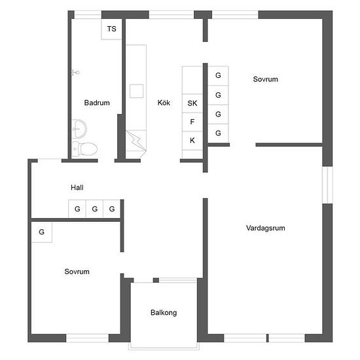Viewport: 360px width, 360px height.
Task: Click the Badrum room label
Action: click(97, 103)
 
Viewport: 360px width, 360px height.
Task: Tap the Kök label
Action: click(164, 103)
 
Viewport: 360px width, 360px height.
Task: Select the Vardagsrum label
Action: click(265, 228)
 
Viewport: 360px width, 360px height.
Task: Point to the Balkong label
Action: click(164, 313)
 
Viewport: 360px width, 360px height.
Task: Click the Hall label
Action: click(77, 188)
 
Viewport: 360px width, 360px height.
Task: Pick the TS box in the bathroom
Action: click(111, 29)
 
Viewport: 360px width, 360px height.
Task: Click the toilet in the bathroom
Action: click(84, 149)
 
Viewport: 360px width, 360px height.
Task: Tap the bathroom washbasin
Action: click(79, 129)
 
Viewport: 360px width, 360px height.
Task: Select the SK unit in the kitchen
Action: click(192, 103)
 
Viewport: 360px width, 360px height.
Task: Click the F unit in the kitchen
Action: click(192, 122)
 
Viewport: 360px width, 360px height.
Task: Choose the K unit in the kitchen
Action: click(192, 141)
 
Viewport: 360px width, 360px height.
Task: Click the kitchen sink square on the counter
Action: click(136, 91)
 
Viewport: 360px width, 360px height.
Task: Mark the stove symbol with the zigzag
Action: click(136, 141)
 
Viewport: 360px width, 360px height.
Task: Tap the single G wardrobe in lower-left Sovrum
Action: click(42, 232)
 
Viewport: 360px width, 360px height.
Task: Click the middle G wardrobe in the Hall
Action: click(94, 208)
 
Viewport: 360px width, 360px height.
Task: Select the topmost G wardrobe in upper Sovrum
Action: click(218, 76)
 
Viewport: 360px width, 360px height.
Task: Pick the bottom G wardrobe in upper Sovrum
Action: click(218, 133)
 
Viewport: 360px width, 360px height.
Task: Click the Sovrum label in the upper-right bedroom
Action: click(265, 79)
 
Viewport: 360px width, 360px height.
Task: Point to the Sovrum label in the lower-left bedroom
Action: click(77, 272)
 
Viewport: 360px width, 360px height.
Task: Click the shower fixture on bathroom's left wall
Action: click(75, 73)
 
